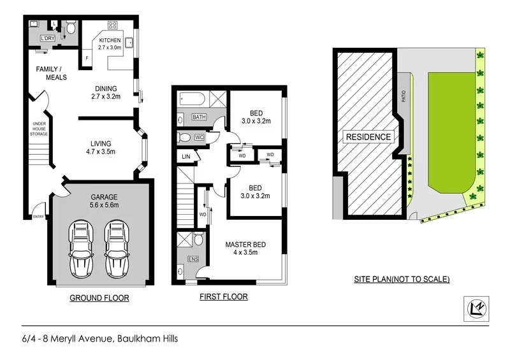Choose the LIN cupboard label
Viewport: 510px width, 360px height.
pos(186,156)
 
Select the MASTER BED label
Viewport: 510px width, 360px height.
pos(245,245)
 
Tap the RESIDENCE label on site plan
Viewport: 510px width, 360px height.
pos(368,136)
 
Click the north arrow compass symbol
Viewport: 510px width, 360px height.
pos(474,308)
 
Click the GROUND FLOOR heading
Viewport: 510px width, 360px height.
pos(99,298)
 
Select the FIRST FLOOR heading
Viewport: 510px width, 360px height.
pos(224,297)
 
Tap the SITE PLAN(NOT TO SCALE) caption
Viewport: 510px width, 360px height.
pos(402,279)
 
